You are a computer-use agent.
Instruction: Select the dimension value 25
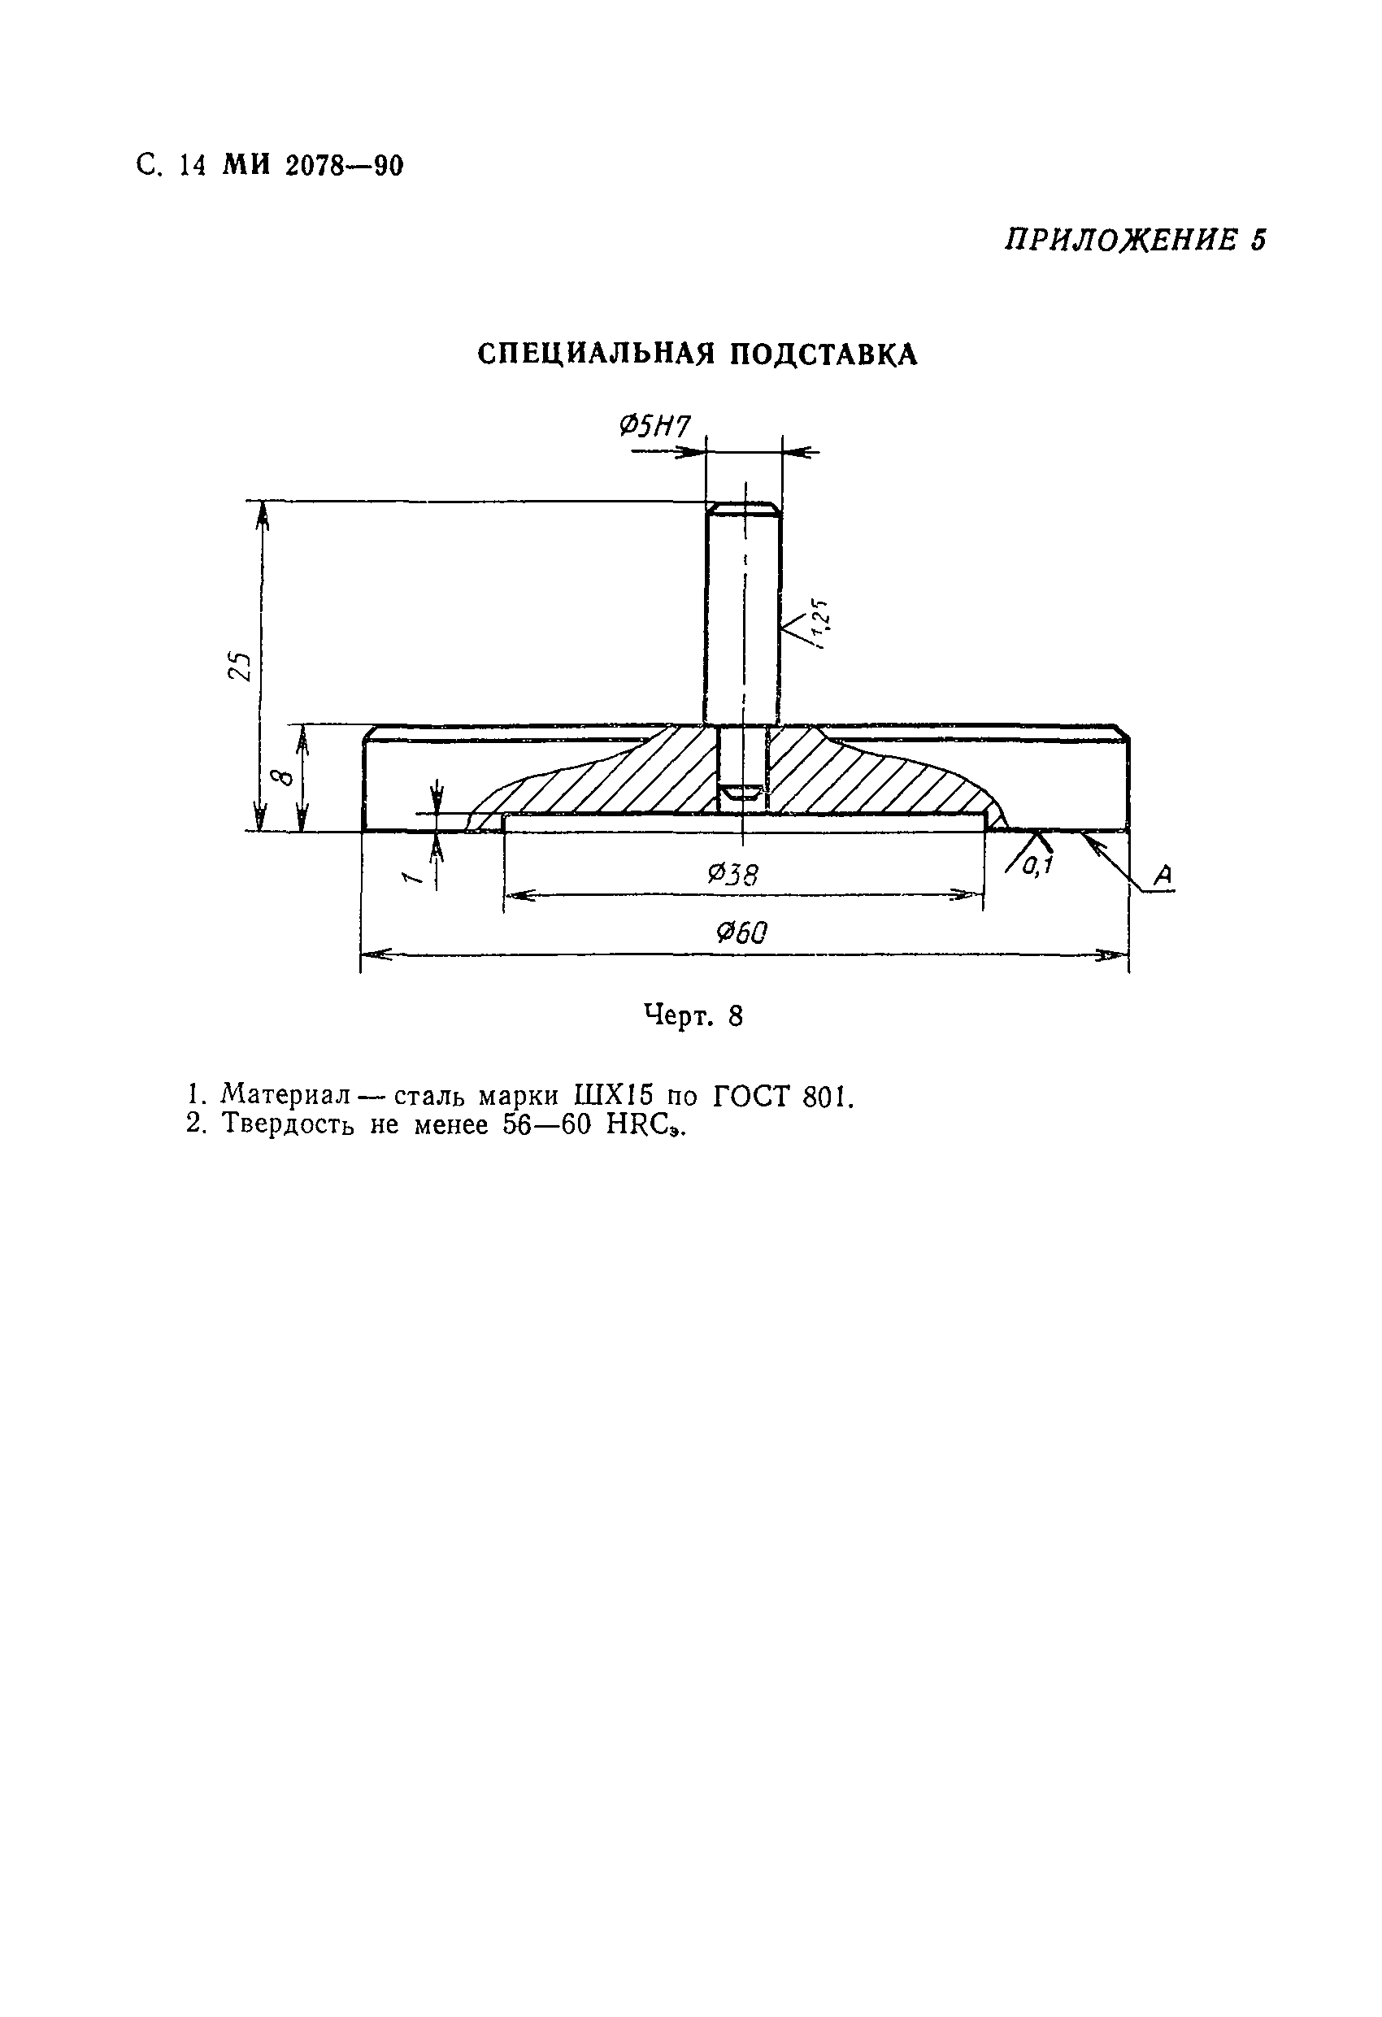[239, 667]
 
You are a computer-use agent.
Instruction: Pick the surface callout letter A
[1163, 876]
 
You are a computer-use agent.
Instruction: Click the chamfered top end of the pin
[743, 508]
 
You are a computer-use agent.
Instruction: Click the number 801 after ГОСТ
[829, 1097]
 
